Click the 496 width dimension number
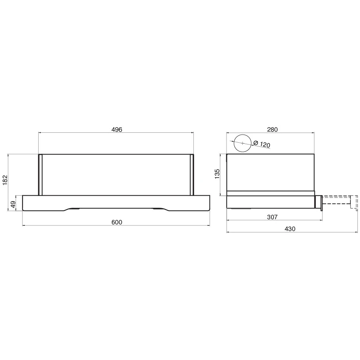coord(117,129)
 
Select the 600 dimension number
coord(117,222)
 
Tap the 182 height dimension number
coord(5,180)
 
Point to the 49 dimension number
coord(13,204)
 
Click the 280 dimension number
coord(272,129)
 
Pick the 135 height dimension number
coord(217,174)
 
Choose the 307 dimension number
coord(272,217)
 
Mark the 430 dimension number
coord(290,229)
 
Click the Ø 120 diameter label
coord(261,144)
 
